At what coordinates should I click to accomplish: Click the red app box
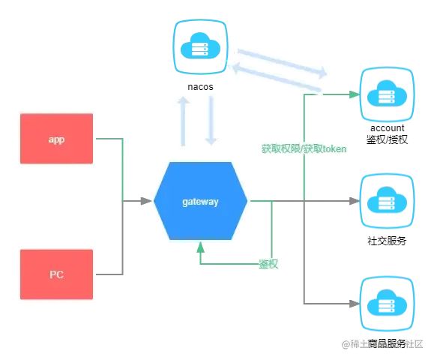56,139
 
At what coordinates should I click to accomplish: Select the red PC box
56,274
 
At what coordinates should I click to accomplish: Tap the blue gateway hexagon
200,202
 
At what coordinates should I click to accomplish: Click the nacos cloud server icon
200,47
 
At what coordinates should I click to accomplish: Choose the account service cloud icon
387,94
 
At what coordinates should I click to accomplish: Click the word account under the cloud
387,128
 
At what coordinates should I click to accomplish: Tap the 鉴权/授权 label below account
387,140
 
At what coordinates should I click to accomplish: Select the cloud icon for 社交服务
387,202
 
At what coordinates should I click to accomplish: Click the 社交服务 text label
387,241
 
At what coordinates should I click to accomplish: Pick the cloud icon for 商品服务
387,304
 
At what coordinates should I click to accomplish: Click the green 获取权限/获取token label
304,149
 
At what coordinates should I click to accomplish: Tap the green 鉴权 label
268,264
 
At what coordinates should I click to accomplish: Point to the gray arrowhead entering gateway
147,201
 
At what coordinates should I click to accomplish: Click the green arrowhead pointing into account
352,94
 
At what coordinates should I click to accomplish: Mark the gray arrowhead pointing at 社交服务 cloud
354,201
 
